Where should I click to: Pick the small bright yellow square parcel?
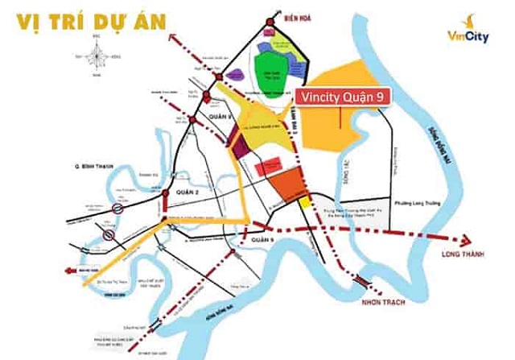point(305,204)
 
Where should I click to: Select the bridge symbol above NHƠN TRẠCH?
point(364,279)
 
